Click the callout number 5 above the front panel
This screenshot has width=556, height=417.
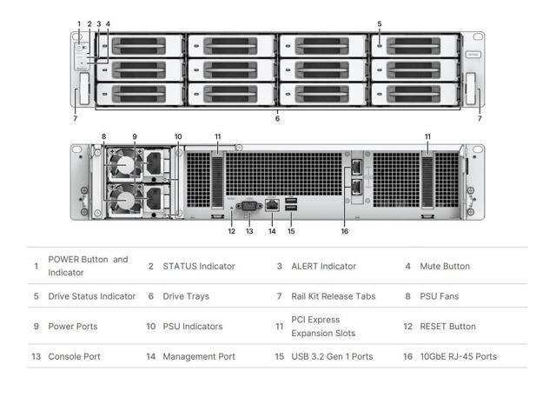click(x=380, y=23)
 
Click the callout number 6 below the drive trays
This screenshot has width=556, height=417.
click(x=277, y=119)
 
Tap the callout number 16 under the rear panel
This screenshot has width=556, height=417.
click(x=345, y=231)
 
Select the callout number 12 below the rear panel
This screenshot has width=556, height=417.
click(x=232, y=231)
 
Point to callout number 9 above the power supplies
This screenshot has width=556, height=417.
click(x=135, y=136)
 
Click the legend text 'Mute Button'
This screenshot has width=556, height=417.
click(x=444, y=266)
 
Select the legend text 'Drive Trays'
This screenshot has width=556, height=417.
click(x=186, y=296)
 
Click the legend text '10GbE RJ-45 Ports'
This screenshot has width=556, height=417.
click(x=458, y=356)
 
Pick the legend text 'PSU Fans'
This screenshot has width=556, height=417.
click(x=439, y=296)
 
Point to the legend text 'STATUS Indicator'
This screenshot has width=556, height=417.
click(x=198, y=266)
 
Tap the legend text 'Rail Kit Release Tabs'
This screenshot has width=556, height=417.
click(x=333, y=296)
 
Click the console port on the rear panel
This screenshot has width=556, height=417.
click(x=249, y=206)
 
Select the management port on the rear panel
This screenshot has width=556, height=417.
click(x=272, y=205)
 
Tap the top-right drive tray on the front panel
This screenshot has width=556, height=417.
click(x=414, y=45)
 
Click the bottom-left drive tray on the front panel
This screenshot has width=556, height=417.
click(x=140, y=94)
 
